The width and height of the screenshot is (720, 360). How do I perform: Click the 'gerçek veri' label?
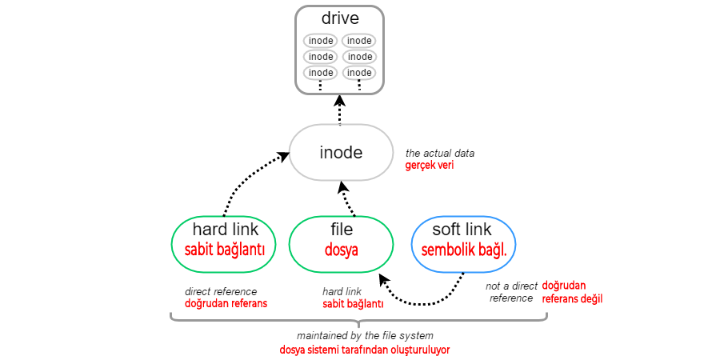click(430, 166)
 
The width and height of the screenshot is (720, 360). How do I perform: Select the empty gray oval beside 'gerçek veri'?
click(341, 152)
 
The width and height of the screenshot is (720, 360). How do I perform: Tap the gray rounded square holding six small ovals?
click(339, 49)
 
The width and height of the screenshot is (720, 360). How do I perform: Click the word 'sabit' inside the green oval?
click(199, 250)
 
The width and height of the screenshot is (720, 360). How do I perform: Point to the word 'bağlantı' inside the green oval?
click(240, 250)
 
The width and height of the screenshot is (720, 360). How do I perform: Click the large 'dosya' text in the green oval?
click(341, 250)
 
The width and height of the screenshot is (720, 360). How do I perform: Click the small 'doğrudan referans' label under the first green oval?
click(226, 304)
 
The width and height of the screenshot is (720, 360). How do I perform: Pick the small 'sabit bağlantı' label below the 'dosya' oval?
click(353, 304)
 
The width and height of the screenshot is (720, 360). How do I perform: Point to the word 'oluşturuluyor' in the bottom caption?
click(419, 350)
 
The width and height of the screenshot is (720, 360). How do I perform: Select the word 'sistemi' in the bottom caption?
click(325, 350)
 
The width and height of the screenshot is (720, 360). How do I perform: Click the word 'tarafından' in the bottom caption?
click(365, 350)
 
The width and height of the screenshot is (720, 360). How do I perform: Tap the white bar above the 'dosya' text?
click(341, 235)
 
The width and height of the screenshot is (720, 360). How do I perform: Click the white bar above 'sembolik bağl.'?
click(463, 238)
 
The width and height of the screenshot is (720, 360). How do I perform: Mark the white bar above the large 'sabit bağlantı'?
click(223, 238)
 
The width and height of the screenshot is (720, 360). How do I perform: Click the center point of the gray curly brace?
click(358, 324)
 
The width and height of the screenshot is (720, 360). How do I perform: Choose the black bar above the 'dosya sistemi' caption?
click(365, 337)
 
